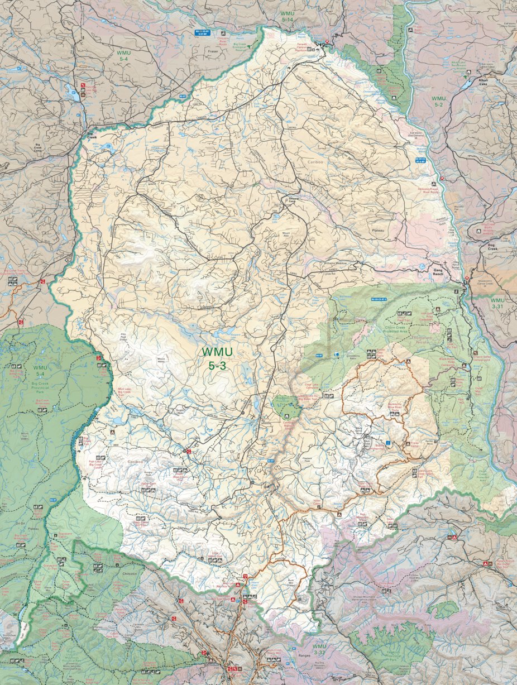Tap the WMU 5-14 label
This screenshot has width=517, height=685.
287,16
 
